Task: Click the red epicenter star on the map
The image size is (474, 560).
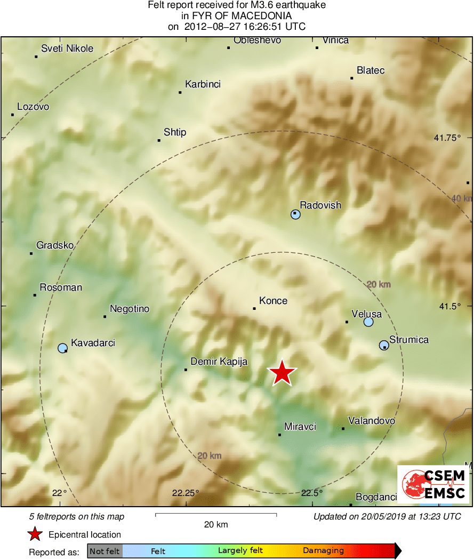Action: click(282, 373)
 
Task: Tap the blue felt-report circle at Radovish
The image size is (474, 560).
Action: click(295, 214)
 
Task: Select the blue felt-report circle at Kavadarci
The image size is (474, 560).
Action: click(62, 348)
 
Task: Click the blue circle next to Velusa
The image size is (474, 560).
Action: click(368, 322)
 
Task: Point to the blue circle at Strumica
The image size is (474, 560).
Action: click(383, 346)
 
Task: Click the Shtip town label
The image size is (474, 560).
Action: click(175, 132)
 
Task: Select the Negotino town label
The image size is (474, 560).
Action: click(130, 309)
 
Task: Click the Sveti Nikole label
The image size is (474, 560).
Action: click(67, 49)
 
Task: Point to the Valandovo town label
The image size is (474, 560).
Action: click(372, 421)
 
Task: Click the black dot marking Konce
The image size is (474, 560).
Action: click(254, 308)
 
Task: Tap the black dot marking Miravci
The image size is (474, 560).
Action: click(279, 435)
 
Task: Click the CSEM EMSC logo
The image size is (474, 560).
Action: click(433, 484)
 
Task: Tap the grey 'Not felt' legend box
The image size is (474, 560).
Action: click(105, 551)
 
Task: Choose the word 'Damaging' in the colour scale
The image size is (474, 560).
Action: click(323, 551)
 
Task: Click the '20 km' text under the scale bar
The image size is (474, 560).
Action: click(216, 524)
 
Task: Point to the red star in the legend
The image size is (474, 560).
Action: click(35, 534)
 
